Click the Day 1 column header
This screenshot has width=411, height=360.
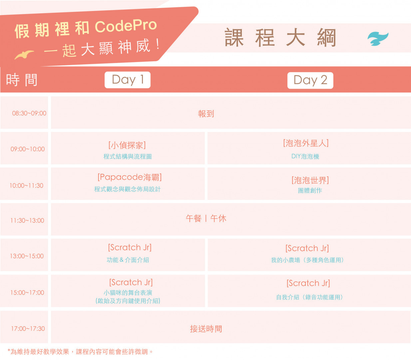point(128,80)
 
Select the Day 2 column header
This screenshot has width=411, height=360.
point(310,80)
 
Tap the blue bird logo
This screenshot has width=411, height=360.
point(378,39)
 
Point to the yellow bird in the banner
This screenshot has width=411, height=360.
point(24,55)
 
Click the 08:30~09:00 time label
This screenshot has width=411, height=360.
point(29,113)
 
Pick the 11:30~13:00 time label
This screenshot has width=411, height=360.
point(27,221)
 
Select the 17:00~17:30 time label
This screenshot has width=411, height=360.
point(28,329)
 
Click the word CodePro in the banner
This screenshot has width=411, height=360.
point(126,26)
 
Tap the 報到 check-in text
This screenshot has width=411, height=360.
point(206,114)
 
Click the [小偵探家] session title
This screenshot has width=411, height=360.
point(127,145)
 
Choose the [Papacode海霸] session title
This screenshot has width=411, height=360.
point(130,177)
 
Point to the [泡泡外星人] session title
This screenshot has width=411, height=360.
point(306,143)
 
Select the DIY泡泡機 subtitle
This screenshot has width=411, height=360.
point(305,156)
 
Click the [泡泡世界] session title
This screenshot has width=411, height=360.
point(310,180)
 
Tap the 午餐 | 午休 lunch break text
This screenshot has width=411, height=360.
point(206,218)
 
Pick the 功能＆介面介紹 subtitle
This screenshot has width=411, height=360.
point(128,260)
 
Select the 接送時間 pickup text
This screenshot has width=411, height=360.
point(206,329)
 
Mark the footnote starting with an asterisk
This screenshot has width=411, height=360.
point(80,352)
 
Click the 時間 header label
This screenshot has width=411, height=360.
point(22,80)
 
